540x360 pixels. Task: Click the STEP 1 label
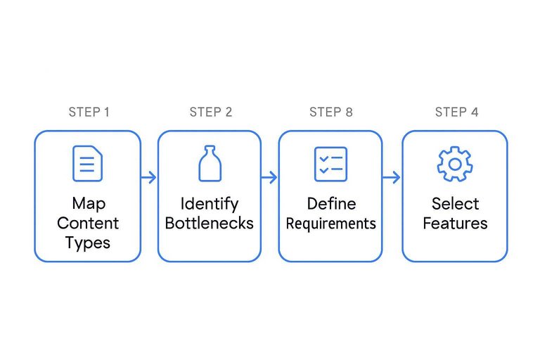[x=89, y=112]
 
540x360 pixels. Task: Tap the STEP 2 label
[x=210, y=112]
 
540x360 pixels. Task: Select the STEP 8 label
[x=330, y=112]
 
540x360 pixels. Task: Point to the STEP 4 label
[x=456, y=112]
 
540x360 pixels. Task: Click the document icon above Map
[x=88, y=163]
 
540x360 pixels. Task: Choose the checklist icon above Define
[x=330, y=164]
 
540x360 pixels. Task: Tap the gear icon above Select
[x=455, y=164]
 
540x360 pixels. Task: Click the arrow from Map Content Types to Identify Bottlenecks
[x=148, y=177]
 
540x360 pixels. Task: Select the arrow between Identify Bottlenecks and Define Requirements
[x=269, y=177]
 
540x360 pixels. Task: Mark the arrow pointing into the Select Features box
[x=392, y=177]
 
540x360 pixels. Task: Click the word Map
[x=88, y=204]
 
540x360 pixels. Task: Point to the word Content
[x=88, y=224]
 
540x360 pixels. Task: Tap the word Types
[x=88, y=243]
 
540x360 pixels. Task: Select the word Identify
[x=209, y=204]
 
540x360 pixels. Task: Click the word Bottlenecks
[x=209, y=224]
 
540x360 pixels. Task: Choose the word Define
[x=330, y=204]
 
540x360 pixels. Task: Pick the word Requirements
[x=330, y=224]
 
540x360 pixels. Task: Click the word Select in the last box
[x=455, y=204]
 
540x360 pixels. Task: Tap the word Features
[x=455, y=224]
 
